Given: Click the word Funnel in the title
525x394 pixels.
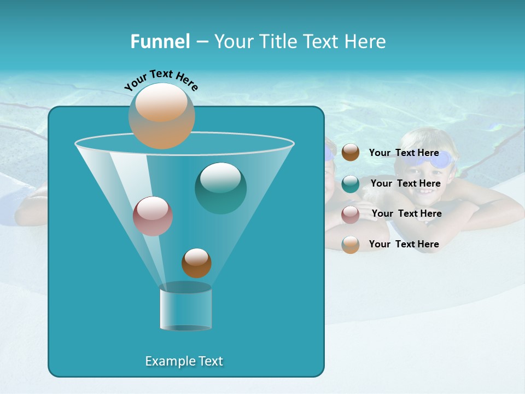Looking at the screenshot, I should point(160,42).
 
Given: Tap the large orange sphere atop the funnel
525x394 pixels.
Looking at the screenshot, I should point(161,115).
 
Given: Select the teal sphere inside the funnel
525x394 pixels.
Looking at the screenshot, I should point(220,188).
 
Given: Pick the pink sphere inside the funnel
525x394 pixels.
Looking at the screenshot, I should point(153,216).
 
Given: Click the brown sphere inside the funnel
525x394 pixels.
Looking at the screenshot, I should point(196,263).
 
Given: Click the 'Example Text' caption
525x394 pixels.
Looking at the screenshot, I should point(184,361).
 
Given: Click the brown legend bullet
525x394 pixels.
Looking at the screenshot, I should point(351,153).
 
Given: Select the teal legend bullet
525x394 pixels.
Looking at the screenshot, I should point(351,184).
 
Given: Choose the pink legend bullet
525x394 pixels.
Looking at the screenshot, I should point(351,214).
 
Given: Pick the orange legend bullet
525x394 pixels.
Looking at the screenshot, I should point(351,245).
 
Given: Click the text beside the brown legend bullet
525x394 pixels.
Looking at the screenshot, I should point(404,153).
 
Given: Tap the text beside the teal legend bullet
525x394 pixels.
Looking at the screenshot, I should point(405,183).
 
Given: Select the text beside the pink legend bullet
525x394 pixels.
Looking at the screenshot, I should point(406,213).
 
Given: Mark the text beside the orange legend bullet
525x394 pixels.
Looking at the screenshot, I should point(404,244).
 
